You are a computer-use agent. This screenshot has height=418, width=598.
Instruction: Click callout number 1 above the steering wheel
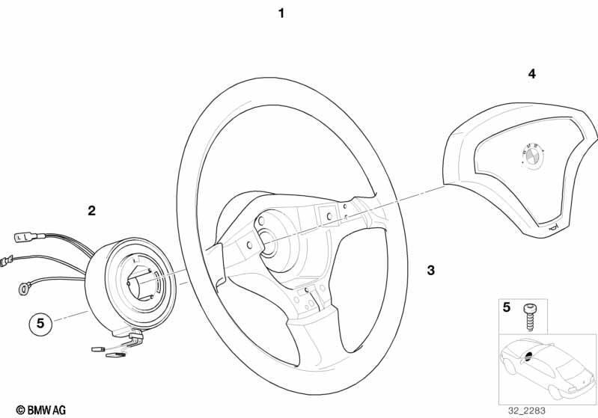pyautogui.click(x=281, y=13)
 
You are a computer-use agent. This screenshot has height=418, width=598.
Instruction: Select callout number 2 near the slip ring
pyautogui.click(x=91, y=211)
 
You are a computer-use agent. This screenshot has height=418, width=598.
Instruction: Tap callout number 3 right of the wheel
pyautogui.click(x=430, y=271)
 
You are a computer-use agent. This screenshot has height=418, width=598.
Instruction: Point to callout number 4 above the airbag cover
pyautogui.click(x=531, y=74)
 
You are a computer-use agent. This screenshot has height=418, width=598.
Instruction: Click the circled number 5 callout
pyautogui.click(x=40, y=324)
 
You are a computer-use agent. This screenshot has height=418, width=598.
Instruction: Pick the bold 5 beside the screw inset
pyautogui.click(x=506, y=307)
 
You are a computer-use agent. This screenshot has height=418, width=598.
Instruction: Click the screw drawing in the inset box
pyautogui.click(x=528, y=317)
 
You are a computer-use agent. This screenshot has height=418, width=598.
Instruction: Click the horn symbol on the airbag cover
pyautogui.click(x=553, y=228)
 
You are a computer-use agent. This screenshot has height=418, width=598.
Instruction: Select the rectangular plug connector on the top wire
pyautogui.click(x=26, y=237)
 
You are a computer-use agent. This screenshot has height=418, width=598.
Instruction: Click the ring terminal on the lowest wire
pyautogui.click(x=24, y=288)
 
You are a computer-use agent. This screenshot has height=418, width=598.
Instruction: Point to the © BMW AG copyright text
pyautogui.click(x=41, y=411)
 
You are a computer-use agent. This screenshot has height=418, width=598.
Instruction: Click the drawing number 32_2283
pyautogui.click(x=526, y=411)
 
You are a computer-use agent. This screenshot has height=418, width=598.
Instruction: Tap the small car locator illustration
pyautogui.click(x=548, y=369)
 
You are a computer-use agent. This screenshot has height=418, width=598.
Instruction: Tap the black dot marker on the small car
pyautogui.click(x=528, y=356)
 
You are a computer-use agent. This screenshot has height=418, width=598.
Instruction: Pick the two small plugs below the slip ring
pyautogui.click(x=109, y=351)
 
